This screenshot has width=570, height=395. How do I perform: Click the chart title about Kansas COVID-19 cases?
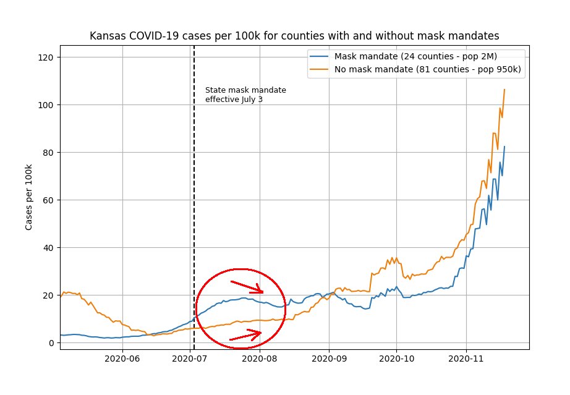click(294, 36)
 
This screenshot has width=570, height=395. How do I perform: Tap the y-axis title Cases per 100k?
click(29, 197)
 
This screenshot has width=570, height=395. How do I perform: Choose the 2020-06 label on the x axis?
click(122, 358)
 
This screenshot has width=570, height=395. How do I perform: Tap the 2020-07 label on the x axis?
click(191, 358)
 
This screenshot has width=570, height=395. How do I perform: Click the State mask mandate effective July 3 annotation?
click(245, 95)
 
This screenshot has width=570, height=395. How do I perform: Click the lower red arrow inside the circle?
click(246, 336)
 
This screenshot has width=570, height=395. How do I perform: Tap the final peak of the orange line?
click(504, 90)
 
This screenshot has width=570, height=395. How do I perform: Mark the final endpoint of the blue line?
click(504, 147)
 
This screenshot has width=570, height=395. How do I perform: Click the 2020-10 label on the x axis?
click(396, 358)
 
